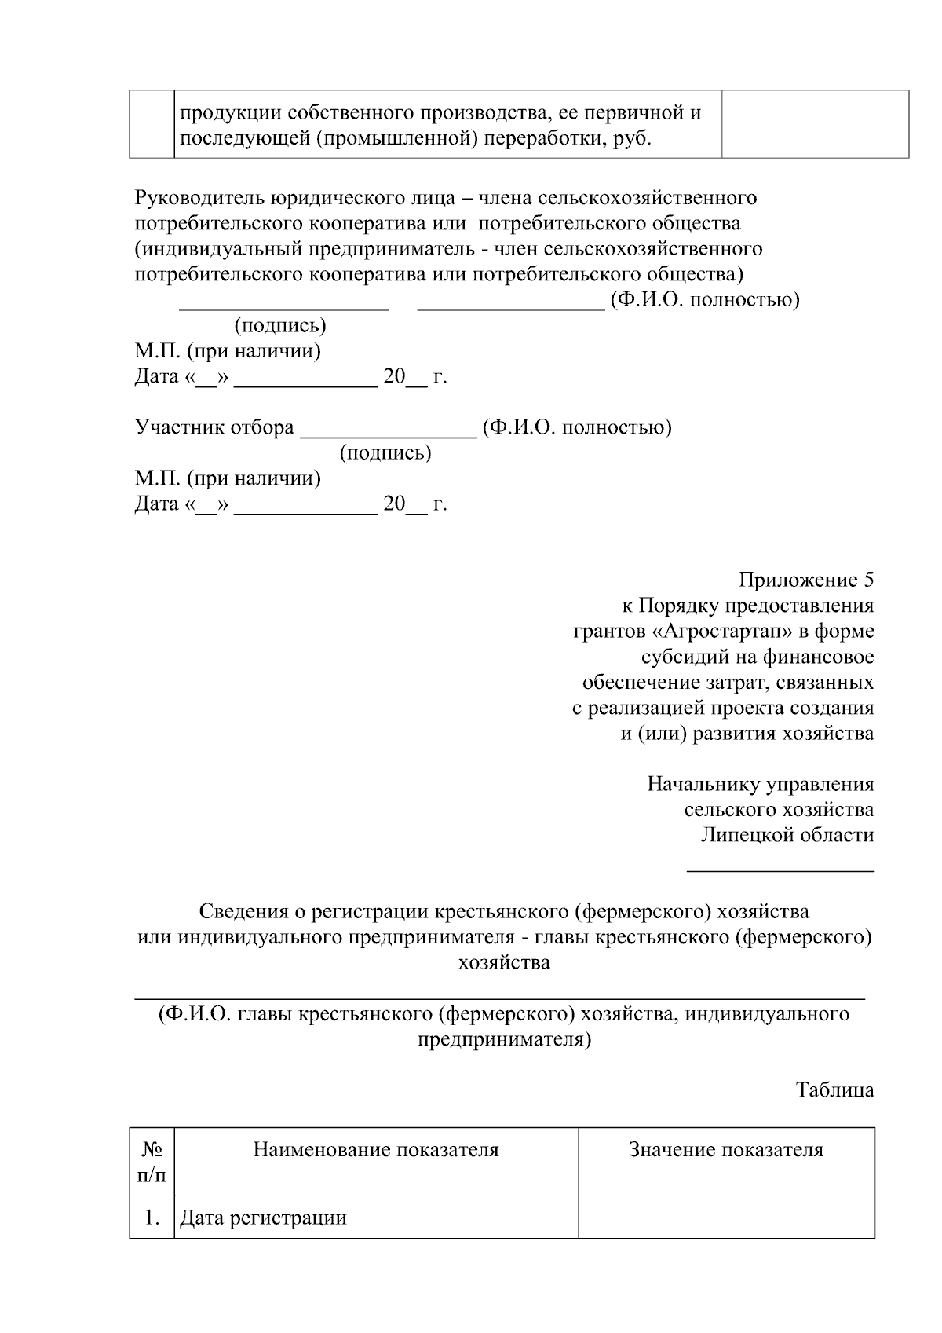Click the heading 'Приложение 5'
pos(805,580)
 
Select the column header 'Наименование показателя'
pos(376,1151)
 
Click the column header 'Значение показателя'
pos(726,1151)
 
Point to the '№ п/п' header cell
pos(152,1162)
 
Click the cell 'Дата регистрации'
pos(264,1218)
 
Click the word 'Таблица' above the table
pos(835,1090)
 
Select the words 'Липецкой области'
pos(787,835)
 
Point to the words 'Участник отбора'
pos(214,428)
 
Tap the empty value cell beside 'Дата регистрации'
pos(726,1218)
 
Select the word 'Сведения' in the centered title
pos(243,912)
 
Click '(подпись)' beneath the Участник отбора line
pos(385,453)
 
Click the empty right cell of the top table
pos(814,124)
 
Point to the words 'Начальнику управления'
pos(760,784)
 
